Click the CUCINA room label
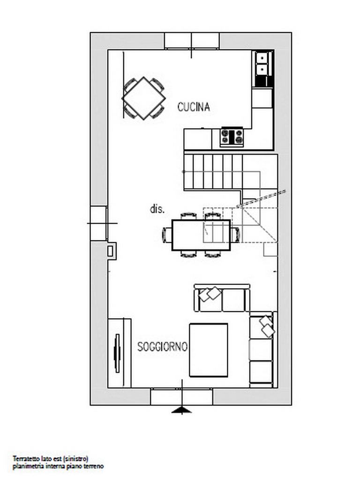coord(194,107)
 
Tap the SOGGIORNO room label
coord(162,346)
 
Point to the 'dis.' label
coord(157,209)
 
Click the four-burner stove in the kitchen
coord(232,137)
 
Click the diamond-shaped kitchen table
coord(143,98)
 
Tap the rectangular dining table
coord(201,235)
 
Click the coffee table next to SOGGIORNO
coord(209,350)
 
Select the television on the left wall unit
coord(117,353)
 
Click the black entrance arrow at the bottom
coord(182,410)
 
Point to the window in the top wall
coord(192,41)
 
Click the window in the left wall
coord(98,223)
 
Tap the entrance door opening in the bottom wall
coord(182,397)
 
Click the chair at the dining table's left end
coord(167,235)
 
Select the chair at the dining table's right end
coord(235,235)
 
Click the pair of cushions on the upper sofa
coord(210,294)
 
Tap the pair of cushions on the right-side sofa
coord(267,326)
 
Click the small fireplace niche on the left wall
coord(112,251)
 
